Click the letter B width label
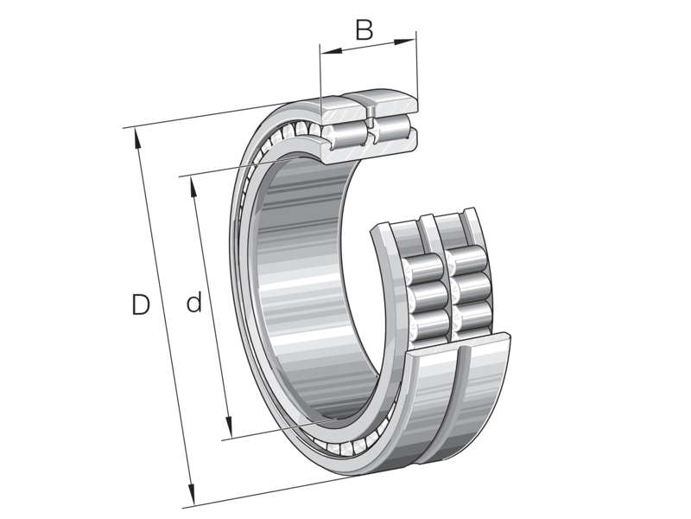point(365,30)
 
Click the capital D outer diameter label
point(142,304)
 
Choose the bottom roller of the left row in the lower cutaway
point(429,326)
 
